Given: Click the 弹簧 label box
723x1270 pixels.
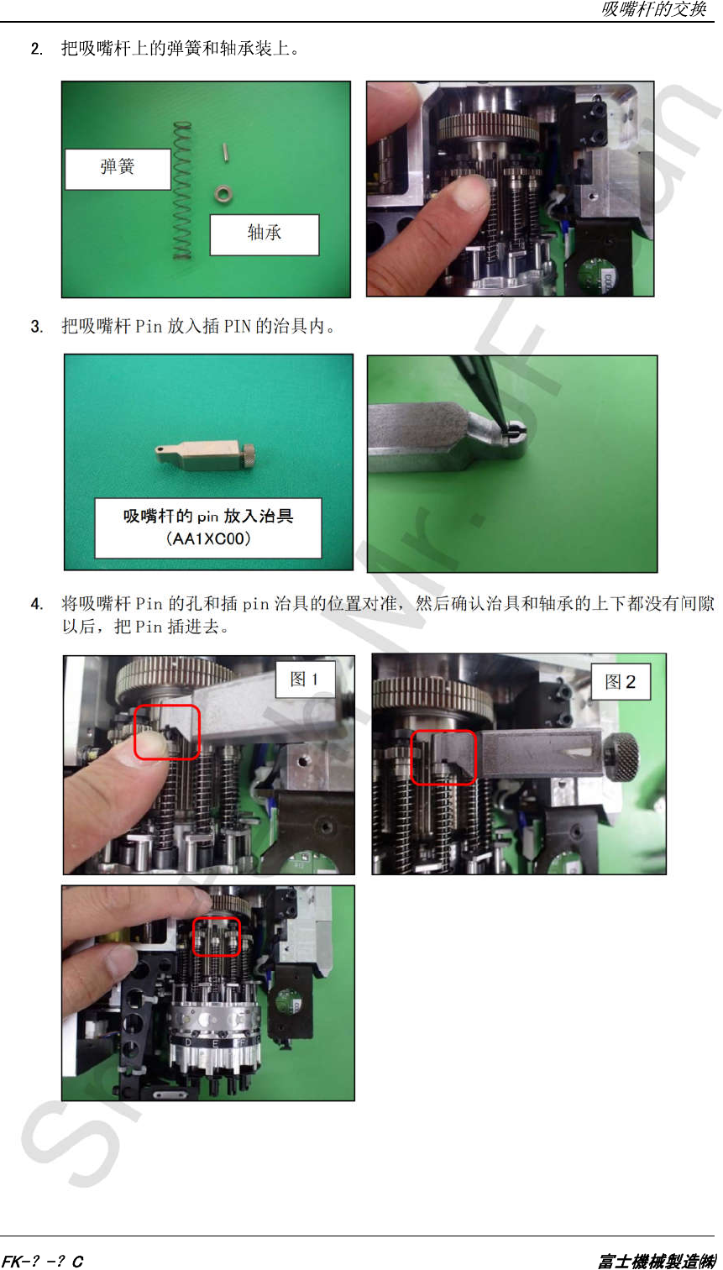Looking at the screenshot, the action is tap(118, 169).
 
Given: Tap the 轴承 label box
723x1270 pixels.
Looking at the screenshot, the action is tap(265, 234).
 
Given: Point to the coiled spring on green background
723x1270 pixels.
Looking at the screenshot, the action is tap(182, 191).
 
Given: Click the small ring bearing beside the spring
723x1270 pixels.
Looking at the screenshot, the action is tap(224, 195).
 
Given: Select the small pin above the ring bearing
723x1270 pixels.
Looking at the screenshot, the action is tap(225, 152).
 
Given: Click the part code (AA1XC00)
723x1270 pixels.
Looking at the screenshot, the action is tap(208, 538).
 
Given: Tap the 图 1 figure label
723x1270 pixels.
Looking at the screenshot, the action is tap(306, 679).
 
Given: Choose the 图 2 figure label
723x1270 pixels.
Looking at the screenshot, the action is tap(621, 681).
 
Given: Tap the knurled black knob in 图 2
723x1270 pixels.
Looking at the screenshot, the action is tap(621, 757).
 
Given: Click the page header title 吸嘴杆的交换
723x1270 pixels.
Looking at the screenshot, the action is tap(653, 9).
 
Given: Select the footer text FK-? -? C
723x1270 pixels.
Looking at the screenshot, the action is tap(43, 1261).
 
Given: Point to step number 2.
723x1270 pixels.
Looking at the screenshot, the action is tap(36, 50).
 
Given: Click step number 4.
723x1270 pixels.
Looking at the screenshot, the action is tap(36, 605).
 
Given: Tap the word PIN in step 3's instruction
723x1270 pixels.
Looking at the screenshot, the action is tap(237, 327).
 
